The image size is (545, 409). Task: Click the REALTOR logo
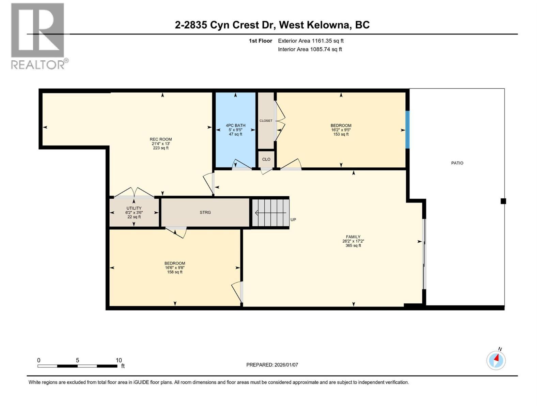(39, 36)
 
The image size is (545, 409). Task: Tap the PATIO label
(457, 163)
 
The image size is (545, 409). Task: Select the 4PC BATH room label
(235, 125)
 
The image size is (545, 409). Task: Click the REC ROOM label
(161, 139)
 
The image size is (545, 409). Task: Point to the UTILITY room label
(134, 208)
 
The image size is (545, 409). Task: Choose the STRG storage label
(205, 212)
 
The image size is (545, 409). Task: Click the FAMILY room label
(353, 237)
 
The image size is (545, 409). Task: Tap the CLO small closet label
(266, 159)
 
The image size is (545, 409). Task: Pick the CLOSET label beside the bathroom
(266, 121)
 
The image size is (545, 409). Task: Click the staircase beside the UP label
(271, 213)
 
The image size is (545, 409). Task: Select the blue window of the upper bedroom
(407, 130)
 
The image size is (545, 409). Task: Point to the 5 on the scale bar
(77, 360)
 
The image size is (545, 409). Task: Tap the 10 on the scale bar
(119, 360)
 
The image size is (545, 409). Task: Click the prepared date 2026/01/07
(286, 365)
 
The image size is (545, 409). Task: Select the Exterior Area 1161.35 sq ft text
(311, 41)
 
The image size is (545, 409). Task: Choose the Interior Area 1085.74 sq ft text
(310, 49)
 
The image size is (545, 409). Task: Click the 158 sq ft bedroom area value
(174, 272)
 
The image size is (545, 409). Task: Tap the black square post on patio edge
(503, 201)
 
